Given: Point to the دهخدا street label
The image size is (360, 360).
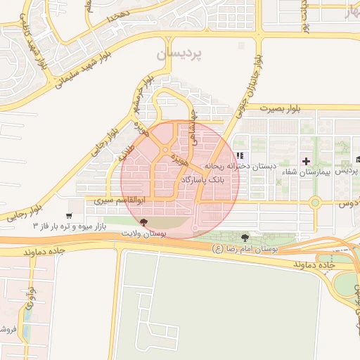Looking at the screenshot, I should [117, 15].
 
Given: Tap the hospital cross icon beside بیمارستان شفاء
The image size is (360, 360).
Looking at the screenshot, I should [306, 161].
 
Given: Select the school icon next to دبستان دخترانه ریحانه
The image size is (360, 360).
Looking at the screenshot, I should [240, 156].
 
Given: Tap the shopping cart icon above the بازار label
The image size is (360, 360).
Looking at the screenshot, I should [68, 215].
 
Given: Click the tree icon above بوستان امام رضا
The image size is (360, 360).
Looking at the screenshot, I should [245, 238].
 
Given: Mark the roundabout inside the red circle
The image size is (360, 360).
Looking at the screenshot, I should [165, 150].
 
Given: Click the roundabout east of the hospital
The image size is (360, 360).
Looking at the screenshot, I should [315, 203].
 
